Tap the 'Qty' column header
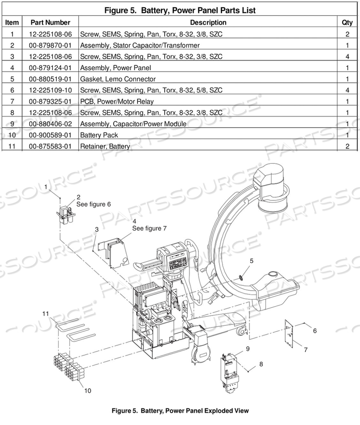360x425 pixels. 347,22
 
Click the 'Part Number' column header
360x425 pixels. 50,22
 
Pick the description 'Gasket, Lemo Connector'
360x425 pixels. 118,79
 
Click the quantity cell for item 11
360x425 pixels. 347,146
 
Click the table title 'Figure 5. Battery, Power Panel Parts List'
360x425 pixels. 180,10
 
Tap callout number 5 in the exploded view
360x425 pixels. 251,260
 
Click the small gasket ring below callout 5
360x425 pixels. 242,276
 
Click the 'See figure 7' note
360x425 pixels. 149,228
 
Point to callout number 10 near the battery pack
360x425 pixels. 88,391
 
